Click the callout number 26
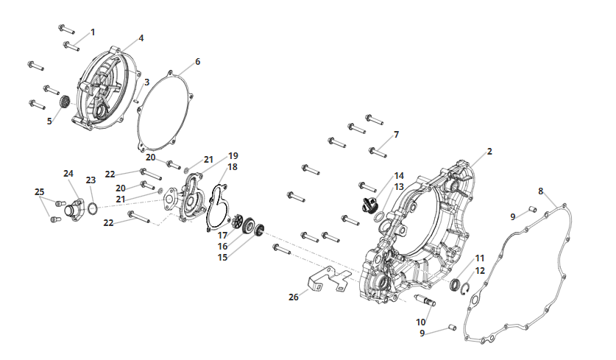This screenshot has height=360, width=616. [x=294, y=297]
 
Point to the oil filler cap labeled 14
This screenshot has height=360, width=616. [x=369, y=205]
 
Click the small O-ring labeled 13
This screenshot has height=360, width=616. [x=379, y=217]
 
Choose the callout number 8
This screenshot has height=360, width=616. [x=541, y=191]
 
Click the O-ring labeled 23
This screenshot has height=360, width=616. [x=92, y=208]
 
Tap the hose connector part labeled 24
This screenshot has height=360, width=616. [x=74, y=208]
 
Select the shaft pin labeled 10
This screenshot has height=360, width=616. [x=425, y=300]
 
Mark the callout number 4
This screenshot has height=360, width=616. [x=141, y=38]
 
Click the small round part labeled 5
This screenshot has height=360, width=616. [x=65, y=102]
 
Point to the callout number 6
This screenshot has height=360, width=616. [x=198, y=62]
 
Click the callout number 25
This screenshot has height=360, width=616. [x=39, y=192]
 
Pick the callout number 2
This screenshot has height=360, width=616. [x=489, y=152]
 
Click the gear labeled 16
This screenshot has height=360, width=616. [x=248, y=226]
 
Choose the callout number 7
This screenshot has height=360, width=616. [x=397, y=135]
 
